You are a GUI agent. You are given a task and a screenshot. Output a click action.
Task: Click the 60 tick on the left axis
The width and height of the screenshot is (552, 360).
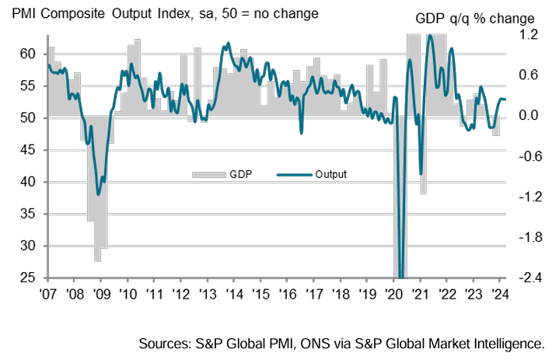point(27,54)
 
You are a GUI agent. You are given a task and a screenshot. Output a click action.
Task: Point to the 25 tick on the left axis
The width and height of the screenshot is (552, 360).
point(27,278)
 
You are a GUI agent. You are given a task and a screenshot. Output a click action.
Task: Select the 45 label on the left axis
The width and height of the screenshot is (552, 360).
point(27,150)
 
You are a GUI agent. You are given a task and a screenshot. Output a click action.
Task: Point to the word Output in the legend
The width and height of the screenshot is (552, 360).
point(330,173)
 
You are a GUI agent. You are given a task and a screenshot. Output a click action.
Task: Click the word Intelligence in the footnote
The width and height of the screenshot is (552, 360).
point(507,343)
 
